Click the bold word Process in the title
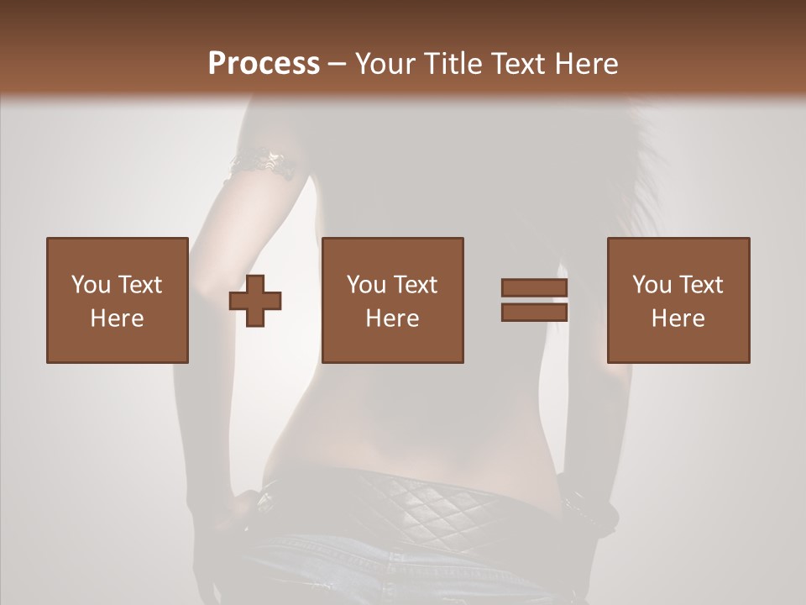[x=264, y=64]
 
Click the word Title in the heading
[x=455, y=64]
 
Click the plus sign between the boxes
[x=255, y=301]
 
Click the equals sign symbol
[x=534, y=300]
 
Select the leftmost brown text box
[x=118, y=300]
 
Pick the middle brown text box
[x=393, y=300]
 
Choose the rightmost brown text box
[x=678, y=300]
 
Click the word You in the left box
[x=91, y=285]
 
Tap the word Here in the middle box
[x=393, y=318]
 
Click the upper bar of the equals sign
[x=534, y=288]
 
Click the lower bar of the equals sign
[x=534, y=312]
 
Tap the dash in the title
[x=338, y=64]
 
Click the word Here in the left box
[x=118, y=318]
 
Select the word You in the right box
[x=652, y=285]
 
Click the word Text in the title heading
[x=518, y=64]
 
